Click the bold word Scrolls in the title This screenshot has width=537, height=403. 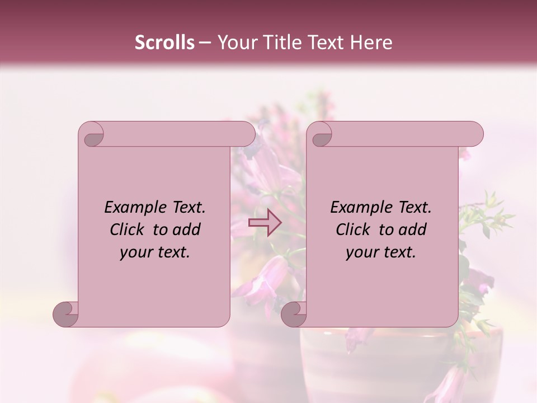(164, 43)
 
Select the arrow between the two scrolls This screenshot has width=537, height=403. (265, 223)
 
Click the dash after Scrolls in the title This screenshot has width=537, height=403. (205, 43)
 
